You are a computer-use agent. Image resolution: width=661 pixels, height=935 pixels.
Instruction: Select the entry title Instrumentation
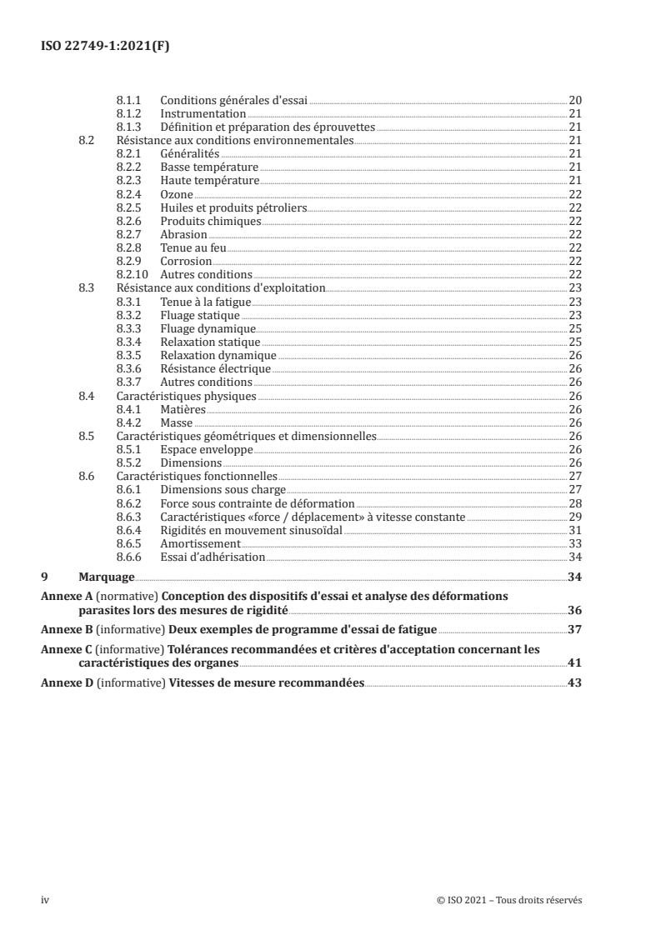(x=203, y=113)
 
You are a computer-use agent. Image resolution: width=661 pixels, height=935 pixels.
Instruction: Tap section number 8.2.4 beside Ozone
(x=131, y=194)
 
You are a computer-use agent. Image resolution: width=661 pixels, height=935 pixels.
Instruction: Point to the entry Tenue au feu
(x=193, y=248)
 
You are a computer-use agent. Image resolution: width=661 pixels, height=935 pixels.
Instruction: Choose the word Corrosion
(x=186, y=262)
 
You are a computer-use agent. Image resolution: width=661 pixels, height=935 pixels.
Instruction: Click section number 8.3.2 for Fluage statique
(x=131, y=316)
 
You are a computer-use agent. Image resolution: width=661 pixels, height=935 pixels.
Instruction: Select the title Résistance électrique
(x=215, y=369)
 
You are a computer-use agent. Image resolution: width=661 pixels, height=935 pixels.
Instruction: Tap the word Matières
(x=183, y=410)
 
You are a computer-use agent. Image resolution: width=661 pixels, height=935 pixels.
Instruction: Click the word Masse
(x=177, y=423)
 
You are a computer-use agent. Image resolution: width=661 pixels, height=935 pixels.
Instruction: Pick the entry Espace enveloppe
(x=206, y=450)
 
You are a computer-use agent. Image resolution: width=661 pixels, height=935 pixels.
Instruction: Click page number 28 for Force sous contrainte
(x=574, y=503)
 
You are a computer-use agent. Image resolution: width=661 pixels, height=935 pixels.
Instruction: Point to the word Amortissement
(x=200, y=544)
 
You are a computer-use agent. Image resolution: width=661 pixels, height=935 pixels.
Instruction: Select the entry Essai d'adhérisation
(x=213, y=557)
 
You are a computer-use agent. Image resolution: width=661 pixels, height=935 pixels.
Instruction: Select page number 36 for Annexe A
(x=574, y=609)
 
